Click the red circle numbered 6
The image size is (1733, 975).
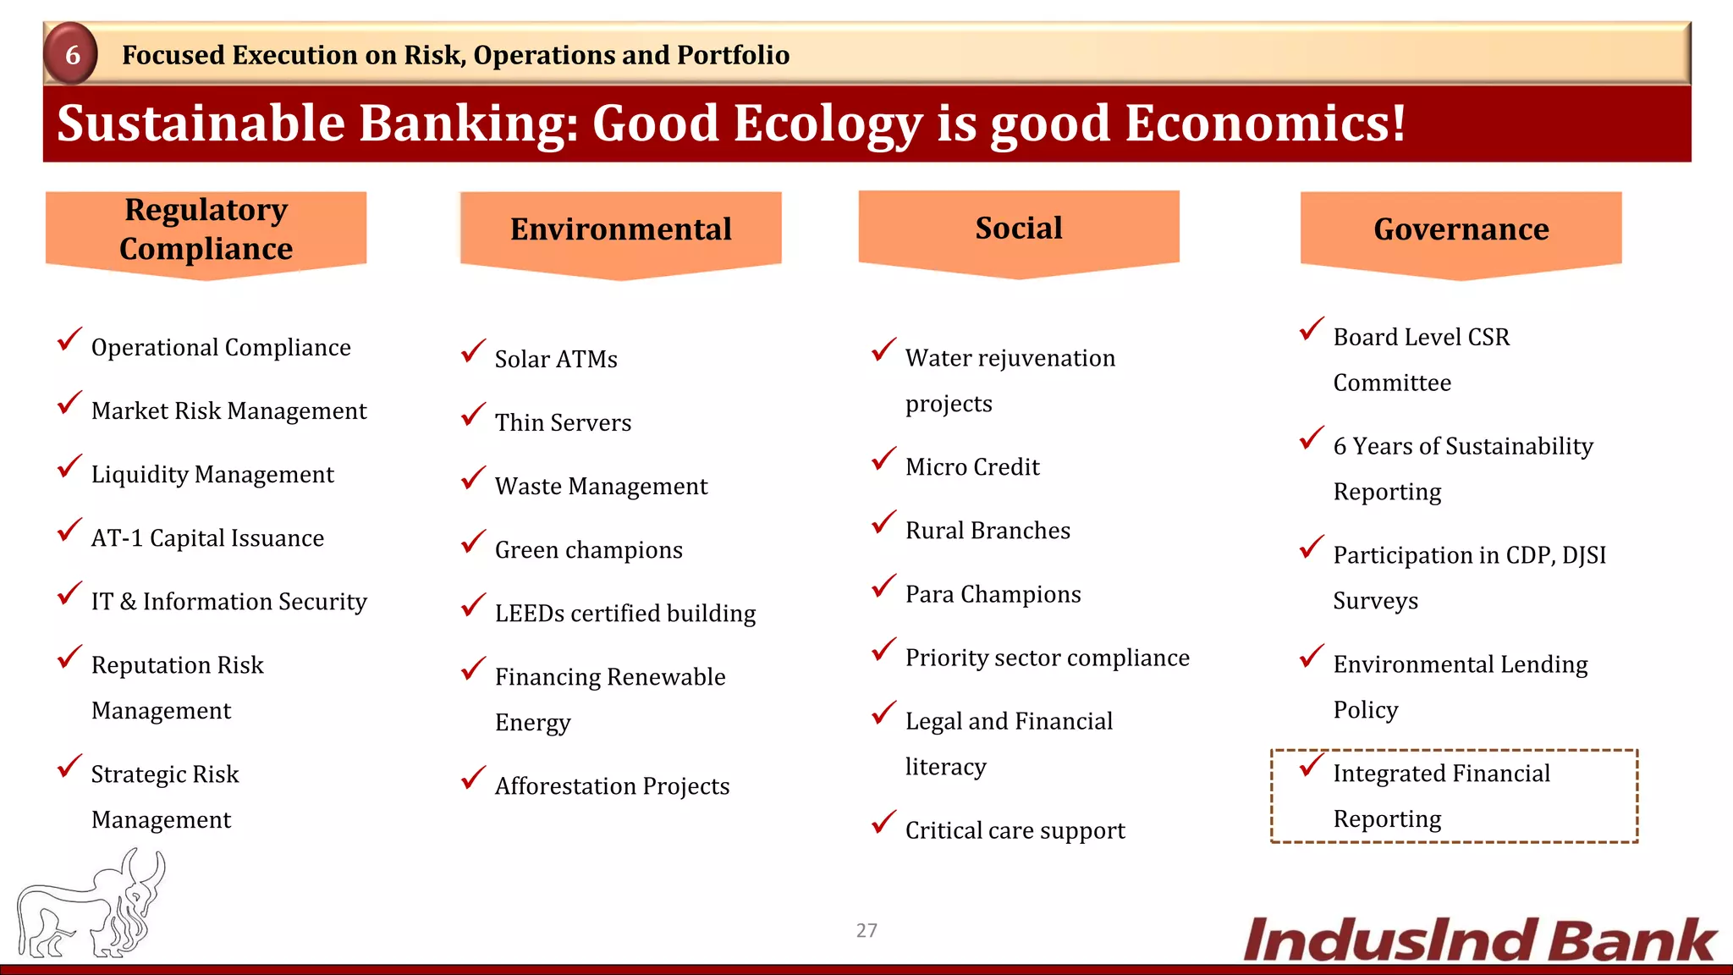[72, 54]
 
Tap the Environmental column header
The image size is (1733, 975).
[620, 229]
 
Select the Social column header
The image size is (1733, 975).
[1018, 229]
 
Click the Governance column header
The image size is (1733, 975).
[1461, 229]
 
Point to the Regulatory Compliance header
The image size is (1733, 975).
[206, 229]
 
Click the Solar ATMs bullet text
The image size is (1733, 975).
[555, 359]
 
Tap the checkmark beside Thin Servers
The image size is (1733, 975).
[473, 416]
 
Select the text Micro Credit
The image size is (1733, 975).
[971, 467]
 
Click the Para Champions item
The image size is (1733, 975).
[993, 594]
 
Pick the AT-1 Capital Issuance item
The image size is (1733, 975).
[207, 538]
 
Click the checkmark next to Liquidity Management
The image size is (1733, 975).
[69, 467]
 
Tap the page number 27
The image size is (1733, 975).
[866, 930]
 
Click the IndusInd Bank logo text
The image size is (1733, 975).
[1478, 940]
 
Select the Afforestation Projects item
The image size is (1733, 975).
[612, 786]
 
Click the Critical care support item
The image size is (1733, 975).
[1015, 830]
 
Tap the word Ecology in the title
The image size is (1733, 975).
[827, 124]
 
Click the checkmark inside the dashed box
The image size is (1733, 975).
[1311, 766]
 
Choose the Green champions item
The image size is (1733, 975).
[588, 550]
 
